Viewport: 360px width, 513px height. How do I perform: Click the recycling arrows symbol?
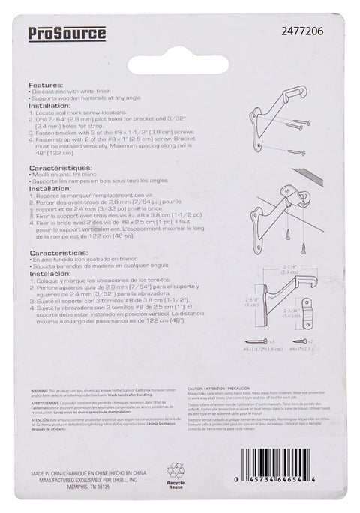coord(175,471)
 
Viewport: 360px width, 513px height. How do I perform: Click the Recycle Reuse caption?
coord(175,487)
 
